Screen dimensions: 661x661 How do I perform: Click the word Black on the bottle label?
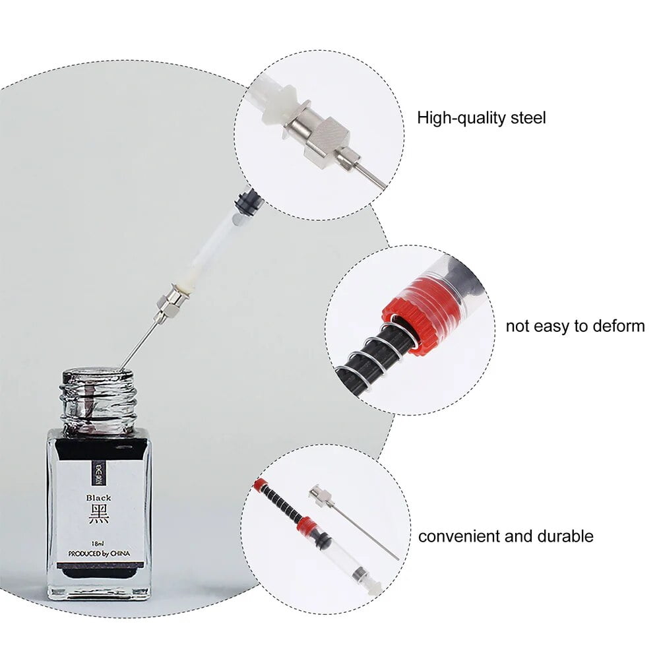coord(99,498)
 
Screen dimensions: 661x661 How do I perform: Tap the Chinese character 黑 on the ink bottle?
coord(99,514)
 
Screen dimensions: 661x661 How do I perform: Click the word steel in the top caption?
coord(529,119)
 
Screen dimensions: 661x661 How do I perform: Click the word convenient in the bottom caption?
coord(460,536)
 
